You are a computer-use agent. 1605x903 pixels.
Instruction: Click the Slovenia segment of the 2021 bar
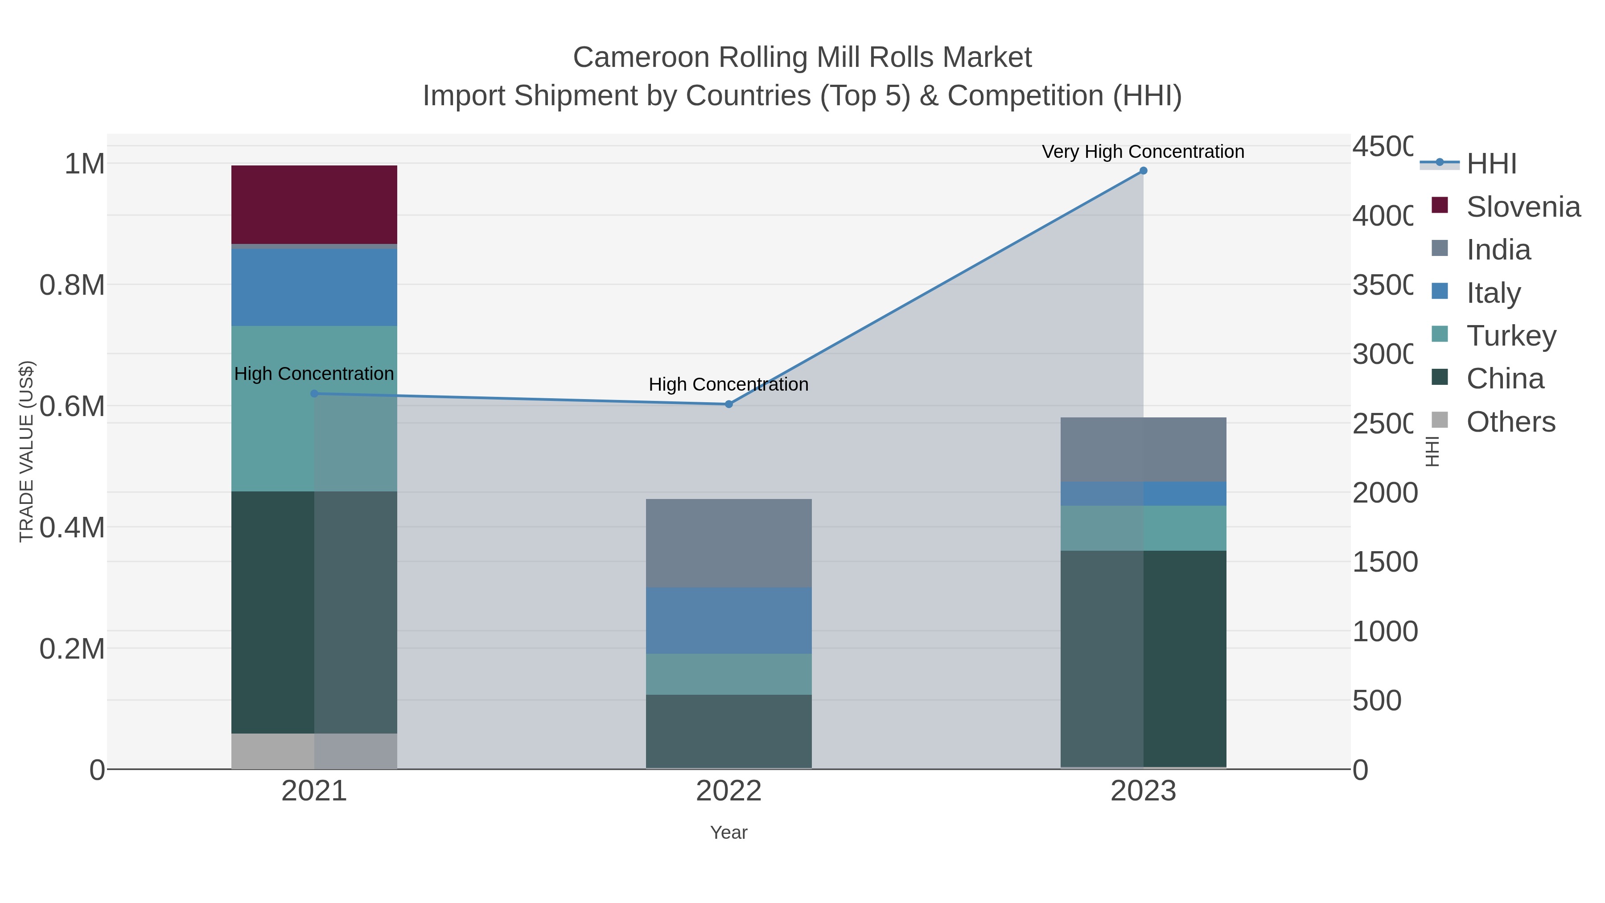click(x=314, y=204)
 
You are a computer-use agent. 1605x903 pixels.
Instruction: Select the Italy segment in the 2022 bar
click(x=728, y=620)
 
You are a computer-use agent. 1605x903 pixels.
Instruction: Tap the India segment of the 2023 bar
click(x=1143, y=449)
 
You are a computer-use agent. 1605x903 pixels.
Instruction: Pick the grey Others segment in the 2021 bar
click(x=314, y=750)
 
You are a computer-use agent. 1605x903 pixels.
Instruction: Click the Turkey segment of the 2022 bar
click(x=728, y=674)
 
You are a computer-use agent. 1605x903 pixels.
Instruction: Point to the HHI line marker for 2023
click(x=1143, y=171)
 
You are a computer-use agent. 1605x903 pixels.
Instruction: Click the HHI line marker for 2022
click(x=728, y=404)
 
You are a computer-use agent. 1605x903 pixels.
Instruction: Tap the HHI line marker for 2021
click(x=314, y=393)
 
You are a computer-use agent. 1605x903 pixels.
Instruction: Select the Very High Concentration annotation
click(x=1143, y=152)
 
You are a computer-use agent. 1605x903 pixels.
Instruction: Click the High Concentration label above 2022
click(x=728, y=384)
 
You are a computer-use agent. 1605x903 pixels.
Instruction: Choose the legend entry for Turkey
click(x=1511, y=336)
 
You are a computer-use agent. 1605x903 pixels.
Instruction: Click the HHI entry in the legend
click(x=1491, y=164)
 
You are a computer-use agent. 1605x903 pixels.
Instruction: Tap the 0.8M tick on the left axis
click(x=72, y=285)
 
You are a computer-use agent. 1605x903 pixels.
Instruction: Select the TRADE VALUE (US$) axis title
click(x=26, y=451)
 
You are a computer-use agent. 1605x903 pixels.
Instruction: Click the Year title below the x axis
click(x=728, y=833)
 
